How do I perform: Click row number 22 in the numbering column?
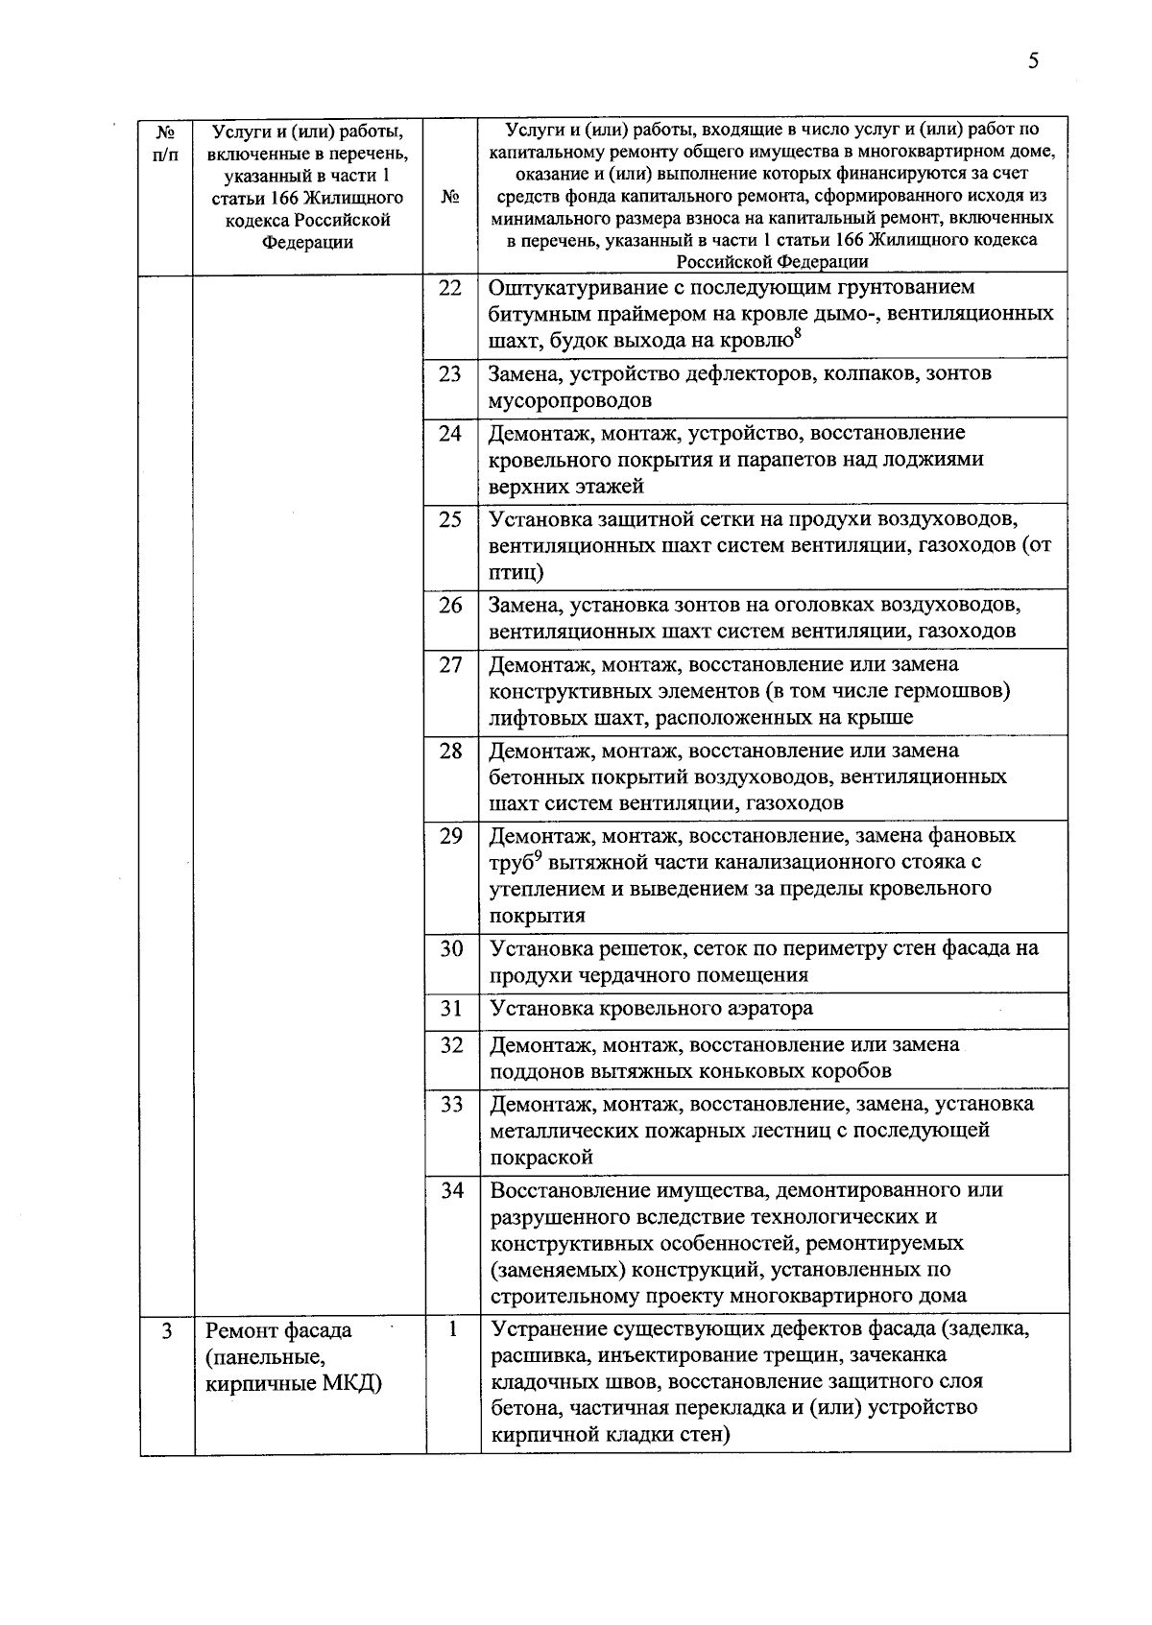[x=450, y=288]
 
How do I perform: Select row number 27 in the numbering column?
[x=451, y=664]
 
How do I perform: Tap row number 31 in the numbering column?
[x=451, y=1008]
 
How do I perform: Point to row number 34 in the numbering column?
[x=452, y=1190]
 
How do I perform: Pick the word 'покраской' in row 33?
[x=541, y=1158]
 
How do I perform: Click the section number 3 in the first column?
[x=167, y=1331]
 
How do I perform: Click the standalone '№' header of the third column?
[x=450, y=197]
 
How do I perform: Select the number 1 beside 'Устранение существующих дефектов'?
[x=452, y=1329]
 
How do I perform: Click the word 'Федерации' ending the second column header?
[x=307, y=243]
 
